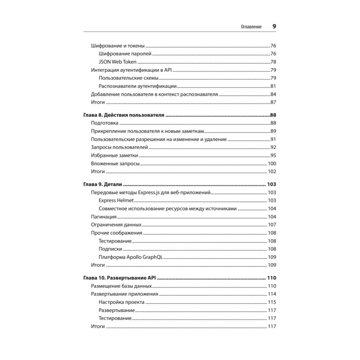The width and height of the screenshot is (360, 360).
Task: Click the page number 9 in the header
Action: pyautogui.click(x=274, y=26)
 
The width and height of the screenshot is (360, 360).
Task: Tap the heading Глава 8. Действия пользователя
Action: pyautogui.click(x=124, y=116)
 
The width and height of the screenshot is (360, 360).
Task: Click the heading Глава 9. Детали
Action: pyautogui.click(x=103, y=184)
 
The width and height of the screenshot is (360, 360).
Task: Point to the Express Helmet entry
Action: pyautogui.click(x=116, y=201)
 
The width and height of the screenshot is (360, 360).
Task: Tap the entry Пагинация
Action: pyautogui.click(x=104, y=217)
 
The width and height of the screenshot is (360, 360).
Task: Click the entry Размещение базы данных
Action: pyautogui.click(x=121, y=286)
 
